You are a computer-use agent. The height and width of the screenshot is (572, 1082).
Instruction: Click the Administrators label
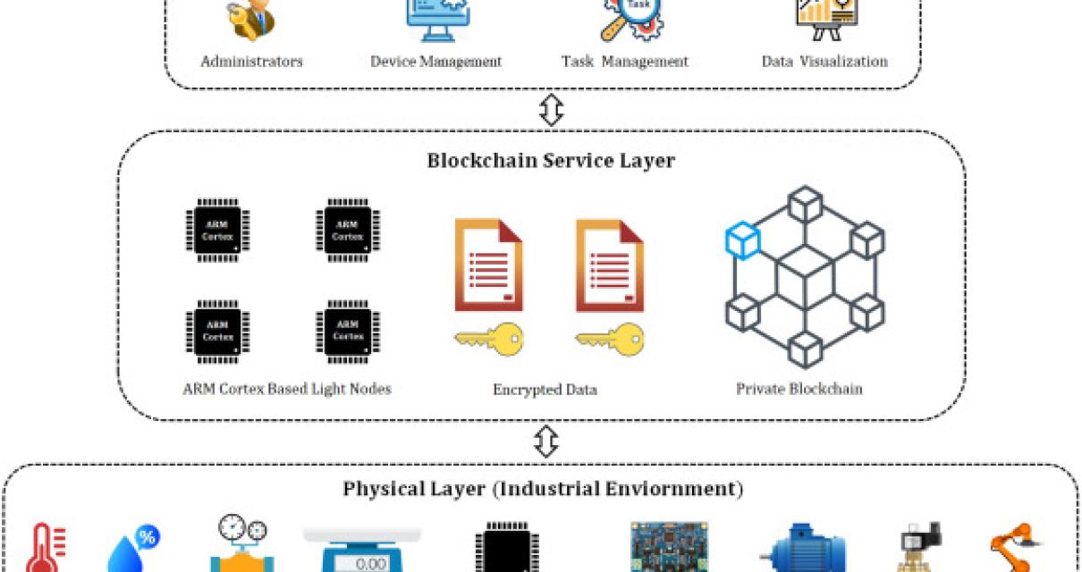[x=251, y=62]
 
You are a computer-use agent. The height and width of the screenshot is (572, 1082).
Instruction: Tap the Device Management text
[x=435, y=62]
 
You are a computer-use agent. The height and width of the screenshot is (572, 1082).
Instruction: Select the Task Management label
[x=624, y=62]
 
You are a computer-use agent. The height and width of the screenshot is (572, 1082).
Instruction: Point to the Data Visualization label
[x=824, y=62]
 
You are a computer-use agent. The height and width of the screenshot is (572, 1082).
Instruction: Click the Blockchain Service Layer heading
[x=550, y=161]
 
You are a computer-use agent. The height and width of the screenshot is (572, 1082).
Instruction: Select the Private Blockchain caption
[x=799, y=389]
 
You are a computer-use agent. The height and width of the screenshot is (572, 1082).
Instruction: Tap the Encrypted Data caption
[x=545, y=390]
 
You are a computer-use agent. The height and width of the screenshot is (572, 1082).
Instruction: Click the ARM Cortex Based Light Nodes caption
[x=286, y=389]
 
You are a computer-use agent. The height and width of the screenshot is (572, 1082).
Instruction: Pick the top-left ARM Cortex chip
[x=217, y=230]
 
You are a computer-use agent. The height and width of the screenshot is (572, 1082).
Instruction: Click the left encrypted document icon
[x=488, y=265]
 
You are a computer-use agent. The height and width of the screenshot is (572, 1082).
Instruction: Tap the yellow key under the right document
[x=609, y=340]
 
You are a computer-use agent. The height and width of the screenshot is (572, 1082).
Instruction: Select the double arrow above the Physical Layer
[x=545, y=441]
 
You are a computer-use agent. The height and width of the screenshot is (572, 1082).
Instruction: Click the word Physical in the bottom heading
[x=376, y=489]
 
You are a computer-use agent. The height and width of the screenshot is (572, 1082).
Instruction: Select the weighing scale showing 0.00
[x=362, y=550]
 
